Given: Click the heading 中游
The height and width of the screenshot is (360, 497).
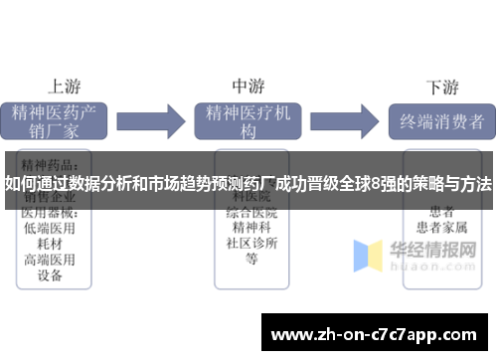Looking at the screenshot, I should pos(249,86).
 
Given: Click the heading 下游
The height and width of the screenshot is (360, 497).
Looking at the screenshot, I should pos(441,86).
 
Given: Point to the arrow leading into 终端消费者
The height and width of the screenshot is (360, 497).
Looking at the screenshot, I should pos(348,121).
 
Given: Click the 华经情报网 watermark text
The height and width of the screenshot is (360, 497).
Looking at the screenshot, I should pos(438,243).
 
